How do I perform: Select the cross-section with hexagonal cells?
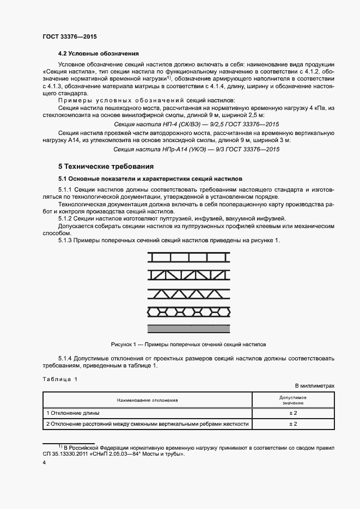[189, 311]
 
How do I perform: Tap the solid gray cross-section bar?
[189, 328]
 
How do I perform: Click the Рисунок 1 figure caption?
[188, 345]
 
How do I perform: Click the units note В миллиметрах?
[314, 385]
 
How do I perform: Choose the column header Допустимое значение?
[292, 400]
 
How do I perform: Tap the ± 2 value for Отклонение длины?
[292, 413]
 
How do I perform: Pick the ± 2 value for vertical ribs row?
[292, 424]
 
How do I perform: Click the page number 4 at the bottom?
[44, 462]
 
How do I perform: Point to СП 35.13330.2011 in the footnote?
[62, 453]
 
